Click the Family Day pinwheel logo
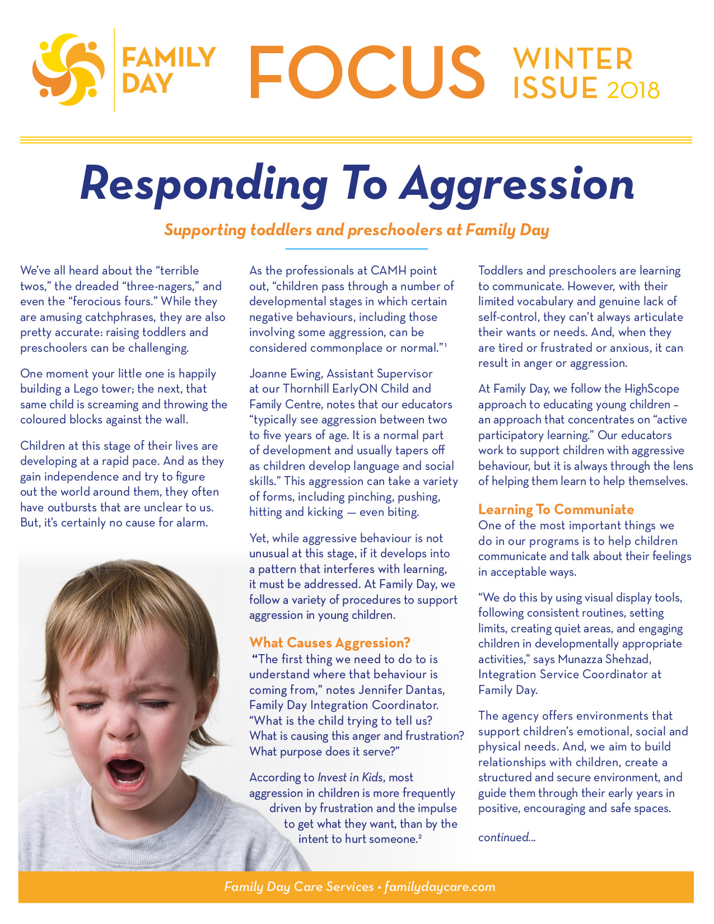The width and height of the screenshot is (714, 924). pos(68,69)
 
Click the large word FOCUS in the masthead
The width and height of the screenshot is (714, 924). pos(366,71)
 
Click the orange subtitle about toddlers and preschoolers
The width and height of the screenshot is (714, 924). pos(356,230)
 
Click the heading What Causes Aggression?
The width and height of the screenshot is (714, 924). pos(330,642)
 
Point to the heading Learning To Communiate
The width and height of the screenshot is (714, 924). pos(556,510)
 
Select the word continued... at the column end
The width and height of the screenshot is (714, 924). pos(507,837)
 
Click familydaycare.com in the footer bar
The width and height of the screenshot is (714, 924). pos(440,887)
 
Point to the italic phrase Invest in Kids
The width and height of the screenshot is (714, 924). pos(350,777)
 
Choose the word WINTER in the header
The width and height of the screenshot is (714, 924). pos(573,59)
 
